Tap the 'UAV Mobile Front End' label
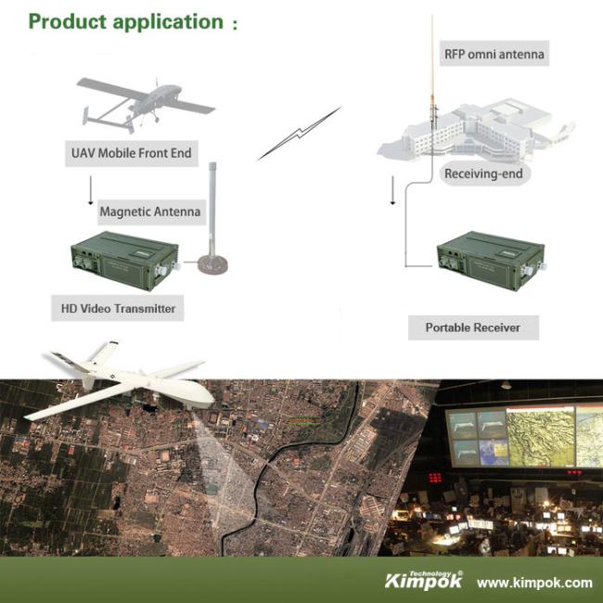point(132,153)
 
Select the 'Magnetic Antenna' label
point(150,212)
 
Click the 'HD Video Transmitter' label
point(118,308)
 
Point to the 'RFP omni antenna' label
point(494,54)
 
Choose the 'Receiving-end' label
point(483,173)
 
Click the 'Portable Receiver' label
point(472,327)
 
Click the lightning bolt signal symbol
point(300,134)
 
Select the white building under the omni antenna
point(475,132)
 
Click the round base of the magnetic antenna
point(212,265)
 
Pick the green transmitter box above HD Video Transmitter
point(124,261)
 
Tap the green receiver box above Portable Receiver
point(491,261)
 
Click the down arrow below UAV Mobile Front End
point(91,190)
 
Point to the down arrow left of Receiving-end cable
point(392,190)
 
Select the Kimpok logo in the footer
point(424,580)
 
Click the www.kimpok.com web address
point(534,583)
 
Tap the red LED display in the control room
point(435,478)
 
